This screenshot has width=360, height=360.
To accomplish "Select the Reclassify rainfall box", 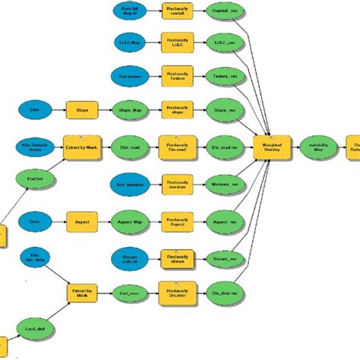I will pyautogui.click(x=175, y=11).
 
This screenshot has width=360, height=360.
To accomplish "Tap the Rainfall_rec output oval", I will pyautogui.click(x=225, y=11).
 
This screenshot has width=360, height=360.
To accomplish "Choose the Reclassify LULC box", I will pyautogui.click(x=175, y=43).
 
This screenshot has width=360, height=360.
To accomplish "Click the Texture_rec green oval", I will pyautogui.click(x=225, y=77).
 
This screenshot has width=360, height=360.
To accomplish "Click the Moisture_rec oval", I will pyautogui.click(x=225, y=184).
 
